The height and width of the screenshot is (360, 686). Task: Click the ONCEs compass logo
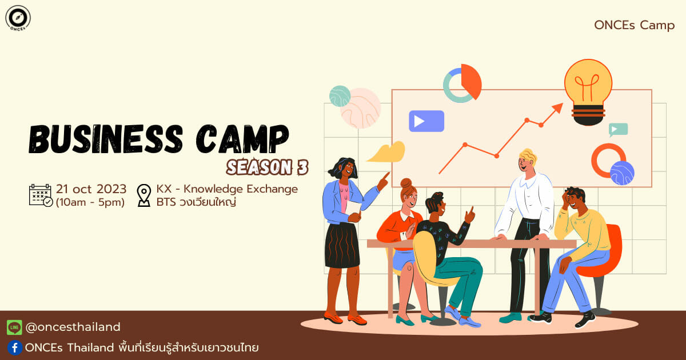18,18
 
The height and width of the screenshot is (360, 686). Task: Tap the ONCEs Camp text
634,25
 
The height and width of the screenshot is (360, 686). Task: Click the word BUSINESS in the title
106,139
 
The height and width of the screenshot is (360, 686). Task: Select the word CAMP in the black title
242,139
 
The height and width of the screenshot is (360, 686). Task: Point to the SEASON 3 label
268,167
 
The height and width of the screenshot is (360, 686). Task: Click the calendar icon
41,195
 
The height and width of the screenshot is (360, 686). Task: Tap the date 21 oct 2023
91,189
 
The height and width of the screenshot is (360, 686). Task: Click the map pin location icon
144,195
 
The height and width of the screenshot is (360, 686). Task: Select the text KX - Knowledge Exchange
227,189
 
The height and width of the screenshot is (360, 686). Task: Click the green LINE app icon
14,327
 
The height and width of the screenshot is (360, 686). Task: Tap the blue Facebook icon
15,348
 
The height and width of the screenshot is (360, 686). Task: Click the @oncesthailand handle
73,327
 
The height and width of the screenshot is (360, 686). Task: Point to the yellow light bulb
588,92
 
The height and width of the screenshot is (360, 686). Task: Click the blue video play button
426,121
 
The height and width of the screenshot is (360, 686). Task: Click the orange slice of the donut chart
471,79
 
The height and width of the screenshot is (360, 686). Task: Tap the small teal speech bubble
618,130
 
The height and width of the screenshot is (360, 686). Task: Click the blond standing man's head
527,161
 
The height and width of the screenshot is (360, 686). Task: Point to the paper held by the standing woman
353,208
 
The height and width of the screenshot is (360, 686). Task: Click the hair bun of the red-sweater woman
406,183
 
